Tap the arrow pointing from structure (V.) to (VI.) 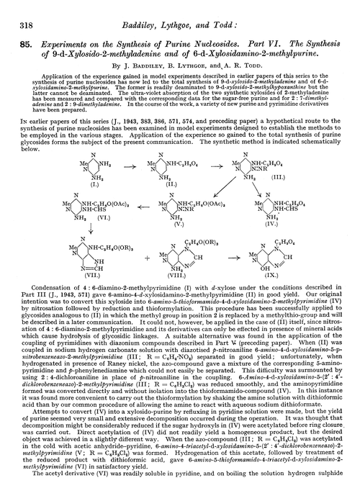pos(144,204)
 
